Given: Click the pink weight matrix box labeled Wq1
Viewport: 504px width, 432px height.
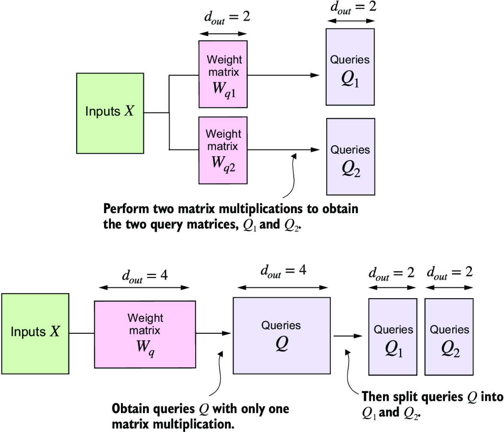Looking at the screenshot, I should (x=223, y=74).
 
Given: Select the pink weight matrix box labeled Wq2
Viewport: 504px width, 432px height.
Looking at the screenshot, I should (x=223, y=150).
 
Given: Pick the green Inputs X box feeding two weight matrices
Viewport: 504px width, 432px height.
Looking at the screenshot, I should (x=110, y=112).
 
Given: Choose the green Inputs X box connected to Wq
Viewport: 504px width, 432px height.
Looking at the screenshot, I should (x=35, y=332).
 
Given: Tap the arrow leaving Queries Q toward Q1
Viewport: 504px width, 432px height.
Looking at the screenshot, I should (x=348, y=336).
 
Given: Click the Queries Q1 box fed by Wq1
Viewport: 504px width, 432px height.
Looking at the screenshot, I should (x=350, y=67).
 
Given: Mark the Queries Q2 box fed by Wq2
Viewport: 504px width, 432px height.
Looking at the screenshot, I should (x=351, y=157).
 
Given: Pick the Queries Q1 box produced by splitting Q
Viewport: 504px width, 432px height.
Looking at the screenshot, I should (x=393, y=337).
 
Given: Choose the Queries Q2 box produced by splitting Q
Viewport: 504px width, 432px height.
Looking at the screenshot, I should (x=449, y=337).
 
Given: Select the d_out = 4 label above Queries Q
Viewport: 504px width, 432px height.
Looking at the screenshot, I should (x=283, y=271).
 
